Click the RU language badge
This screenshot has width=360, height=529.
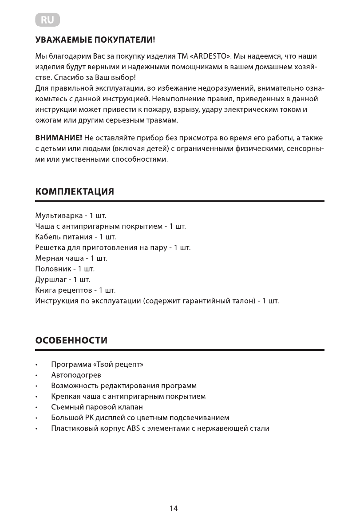coord(47,20)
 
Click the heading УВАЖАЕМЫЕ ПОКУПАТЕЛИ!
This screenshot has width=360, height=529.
coord(95,41)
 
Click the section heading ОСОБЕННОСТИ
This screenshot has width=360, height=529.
coord(71,341)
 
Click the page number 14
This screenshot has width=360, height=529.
coord(174,509)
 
